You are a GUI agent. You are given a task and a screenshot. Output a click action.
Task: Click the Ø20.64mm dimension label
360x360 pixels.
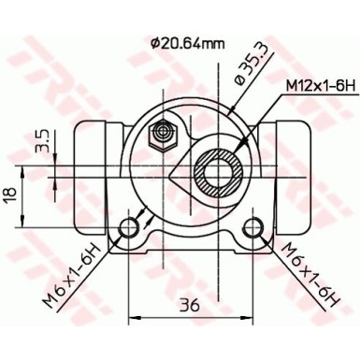(187, 42)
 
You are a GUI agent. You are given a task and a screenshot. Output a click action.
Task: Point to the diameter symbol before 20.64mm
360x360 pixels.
(155, 42)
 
